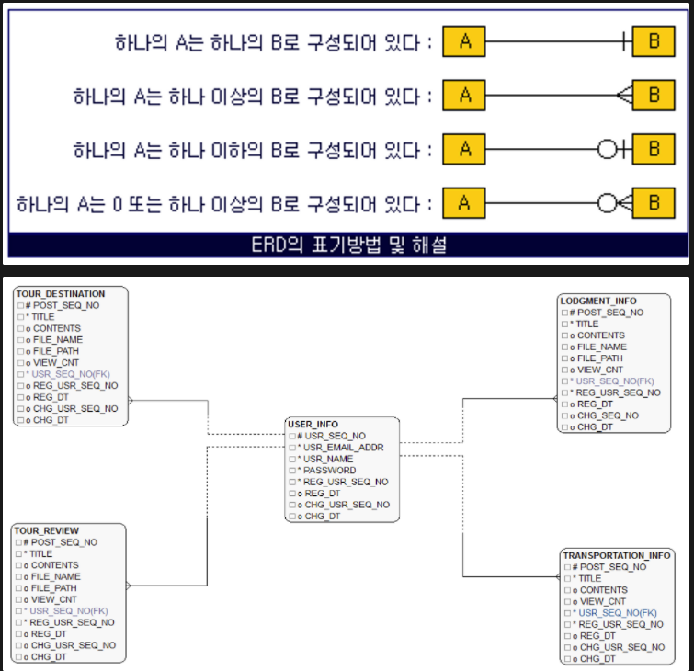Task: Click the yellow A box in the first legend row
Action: pos(464,41)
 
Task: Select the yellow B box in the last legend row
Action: pos(654,202)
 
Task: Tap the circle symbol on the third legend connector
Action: pos(607,149)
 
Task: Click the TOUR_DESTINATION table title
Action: pos(60,294)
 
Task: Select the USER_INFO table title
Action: pos(313,424)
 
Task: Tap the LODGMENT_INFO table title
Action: pos(597,301)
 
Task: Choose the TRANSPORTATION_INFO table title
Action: pos(616,556)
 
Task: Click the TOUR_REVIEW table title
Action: pos(47,530)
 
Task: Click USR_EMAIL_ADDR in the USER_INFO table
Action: pos(344,448)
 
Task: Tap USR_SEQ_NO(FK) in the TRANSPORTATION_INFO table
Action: pos(617,613)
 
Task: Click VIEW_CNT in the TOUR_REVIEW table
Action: pos(55,599)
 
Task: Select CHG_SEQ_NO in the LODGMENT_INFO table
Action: pos(608,415)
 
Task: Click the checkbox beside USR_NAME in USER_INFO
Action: pos(290,459)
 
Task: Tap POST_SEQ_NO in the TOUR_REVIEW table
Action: pos(64,542)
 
